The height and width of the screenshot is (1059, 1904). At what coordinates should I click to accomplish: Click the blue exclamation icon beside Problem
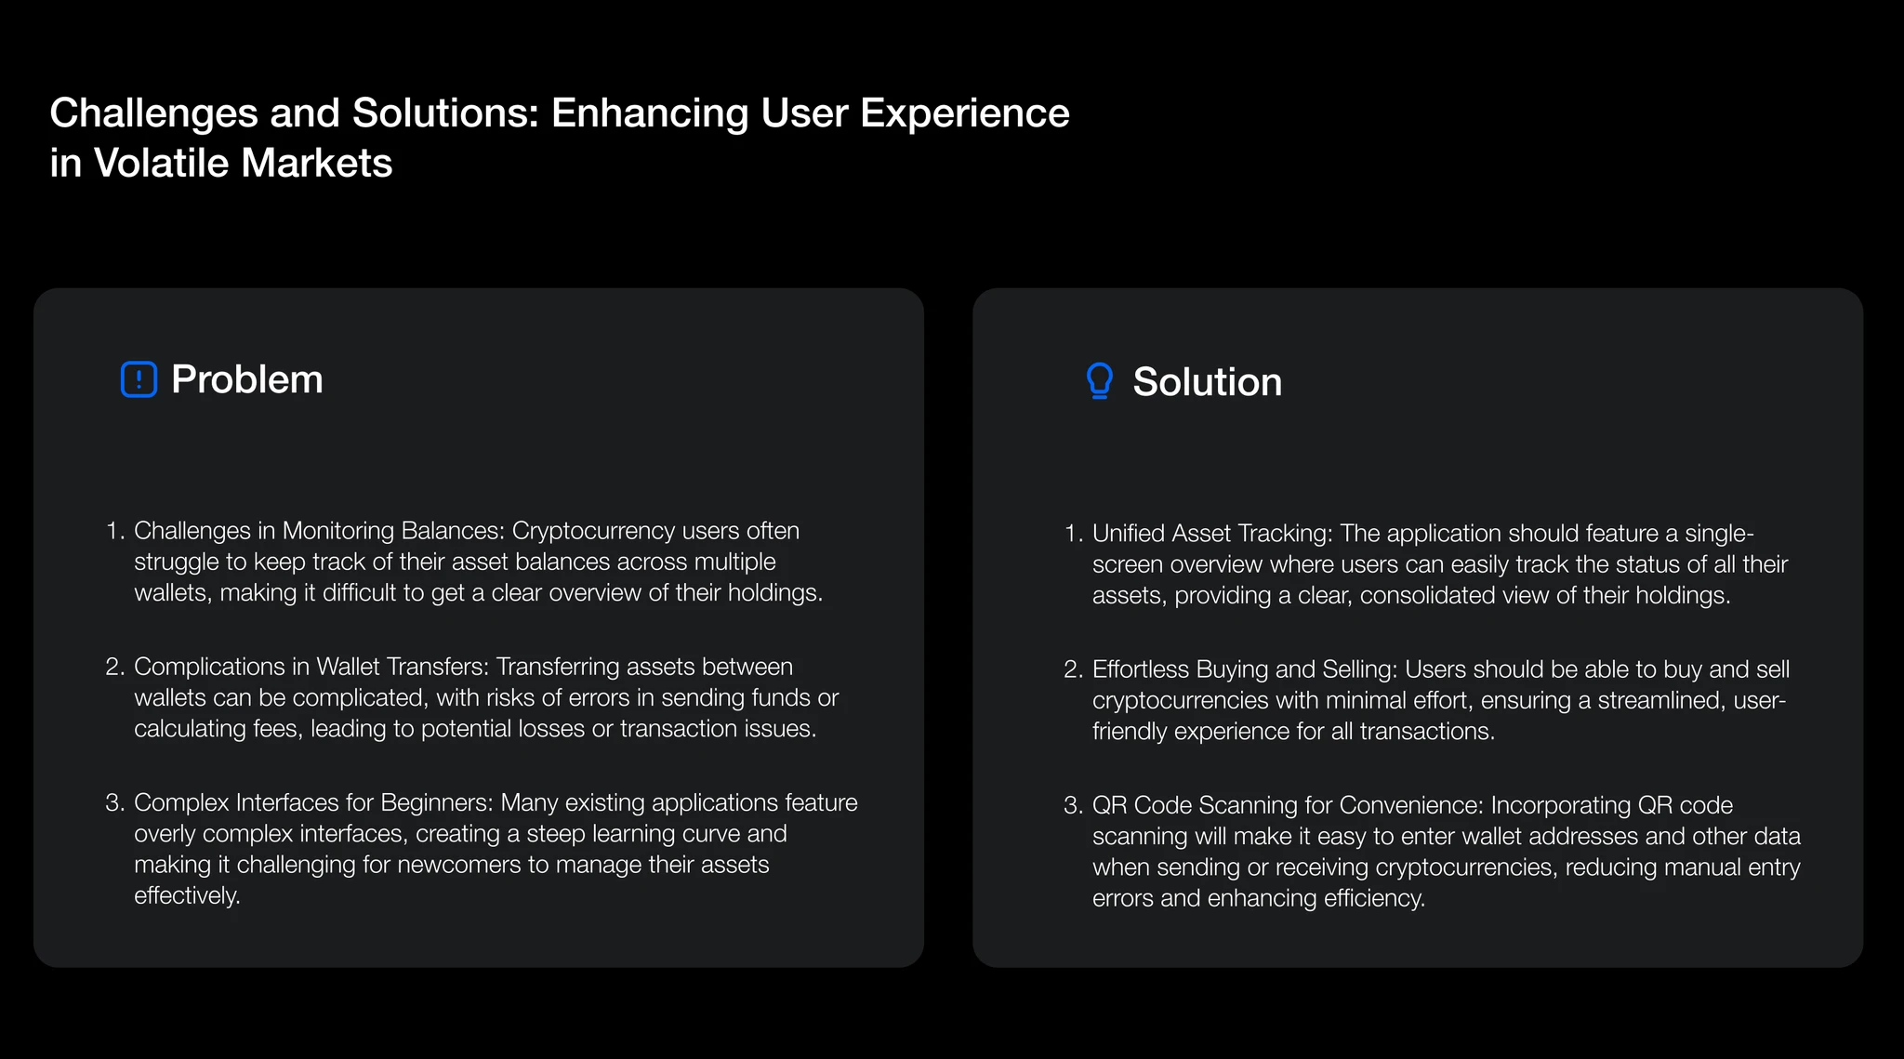139,379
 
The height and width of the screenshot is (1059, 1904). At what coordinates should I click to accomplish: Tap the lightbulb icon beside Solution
1100,381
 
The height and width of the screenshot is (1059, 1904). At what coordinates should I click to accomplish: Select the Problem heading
247,379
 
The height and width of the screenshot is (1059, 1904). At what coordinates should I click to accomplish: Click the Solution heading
1208,382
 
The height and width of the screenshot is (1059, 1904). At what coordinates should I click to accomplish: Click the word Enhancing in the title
651,114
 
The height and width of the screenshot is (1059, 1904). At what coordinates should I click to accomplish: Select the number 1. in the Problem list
115,531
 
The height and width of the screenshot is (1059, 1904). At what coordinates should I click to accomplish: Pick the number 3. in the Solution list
1074,805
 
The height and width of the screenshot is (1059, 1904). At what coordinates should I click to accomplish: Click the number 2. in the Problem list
115,667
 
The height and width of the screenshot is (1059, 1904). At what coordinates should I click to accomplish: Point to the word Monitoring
338,531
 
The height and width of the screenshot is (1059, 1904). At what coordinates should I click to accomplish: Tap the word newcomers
459,865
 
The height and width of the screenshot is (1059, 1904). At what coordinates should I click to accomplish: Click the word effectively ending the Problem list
187,895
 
